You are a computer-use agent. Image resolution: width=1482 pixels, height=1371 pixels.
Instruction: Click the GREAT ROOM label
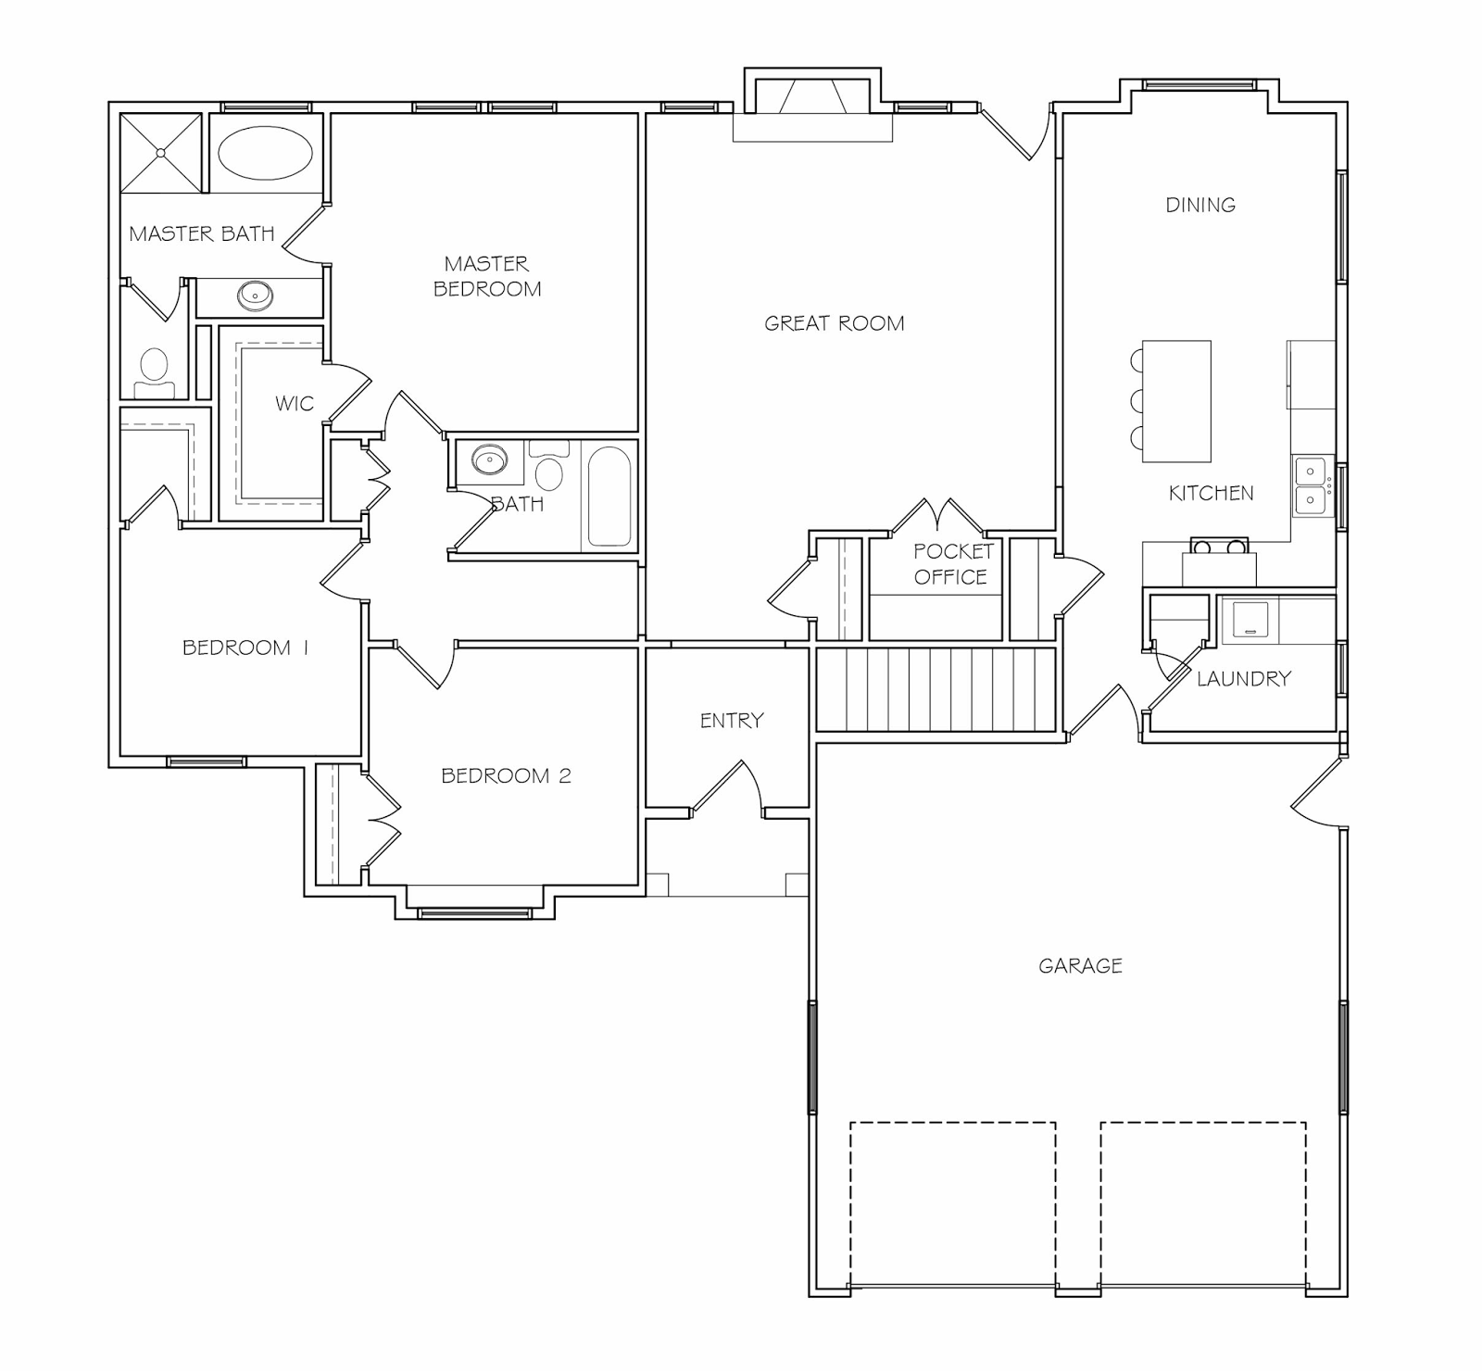[834, 323]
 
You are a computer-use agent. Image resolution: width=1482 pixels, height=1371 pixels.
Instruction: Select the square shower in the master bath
[160, 153]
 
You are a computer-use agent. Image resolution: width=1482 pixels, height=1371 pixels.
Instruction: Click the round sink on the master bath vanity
[255, 296]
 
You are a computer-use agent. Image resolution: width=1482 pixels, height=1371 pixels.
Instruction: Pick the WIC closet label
[295, 404]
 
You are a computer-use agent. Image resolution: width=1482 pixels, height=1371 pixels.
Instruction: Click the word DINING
[1200, 205]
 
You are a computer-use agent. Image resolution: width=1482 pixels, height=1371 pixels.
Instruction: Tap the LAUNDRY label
[1243, 679]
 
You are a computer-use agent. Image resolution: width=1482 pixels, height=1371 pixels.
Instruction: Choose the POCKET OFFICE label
[953, 564]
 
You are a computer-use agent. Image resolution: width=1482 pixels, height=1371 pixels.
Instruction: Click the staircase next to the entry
[936, 690]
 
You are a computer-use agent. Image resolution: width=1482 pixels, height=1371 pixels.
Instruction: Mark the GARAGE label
[1080, 966]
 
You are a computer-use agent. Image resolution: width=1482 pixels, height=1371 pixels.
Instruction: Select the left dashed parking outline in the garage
[953, 1204]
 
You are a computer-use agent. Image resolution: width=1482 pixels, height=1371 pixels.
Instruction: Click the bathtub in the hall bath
[609, 497]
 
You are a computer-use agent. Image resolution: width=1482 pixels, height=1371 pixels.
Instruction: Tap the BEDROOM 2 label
[506, 775]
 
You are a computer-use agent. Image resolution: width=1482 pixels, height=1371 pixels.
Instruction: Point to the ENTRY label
[732, 720]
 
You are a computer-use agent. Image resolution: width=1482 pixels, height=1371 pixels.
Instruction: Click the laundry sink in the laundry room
[1250, 620]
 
